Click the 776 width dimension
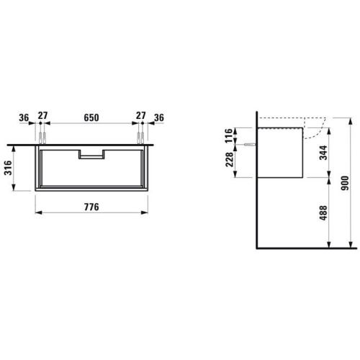click(91, 207)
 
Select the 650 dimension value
click(91, 117)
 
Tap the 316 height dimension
click(8, 168)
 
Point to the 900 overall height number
click(345, 183)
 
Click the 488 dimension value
click(323, 213)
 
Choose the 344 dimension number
click(323, 153)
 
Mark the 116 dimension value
click(229, 135)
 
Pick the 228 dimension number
click(229, 160)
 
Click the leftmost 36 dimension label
click(24, 117)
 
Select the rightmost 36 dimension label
click(159, 117)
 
